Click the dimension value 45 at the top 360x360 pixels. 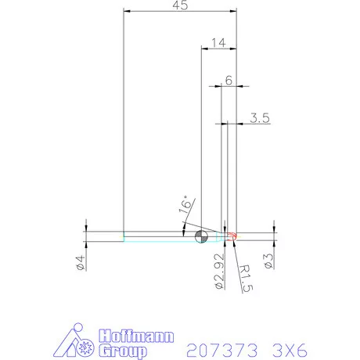(180, 6)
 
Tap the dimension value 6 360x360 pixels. (229, 80)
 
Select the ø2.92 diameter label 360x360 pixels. (218, 269)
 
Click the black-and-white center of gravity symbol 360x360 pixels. (201, 236)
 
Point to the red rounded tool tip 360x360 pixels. (232, 234)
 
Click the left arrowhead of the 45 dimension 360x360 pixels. (128, 12)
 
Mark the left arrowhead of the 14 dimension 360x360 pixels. (204, 49)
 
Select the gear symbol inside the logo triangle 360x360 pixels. (81, 347)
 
